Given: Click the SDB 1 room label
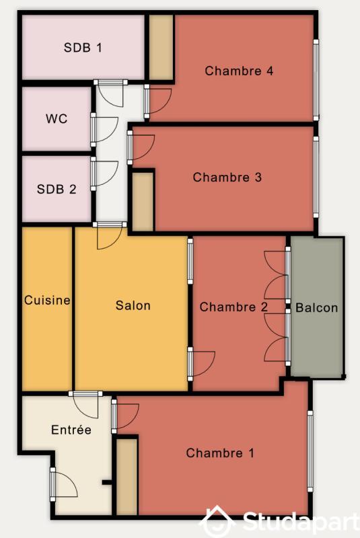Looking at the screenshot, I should [83, 48].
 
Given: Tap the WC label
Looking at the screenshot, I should [57, 119].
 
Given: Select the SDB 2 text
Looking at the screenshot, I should [57, 189].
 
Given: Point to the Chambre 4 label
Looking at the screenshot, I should [239, 71].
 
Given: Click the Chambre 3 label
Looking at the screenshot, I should [227, 178].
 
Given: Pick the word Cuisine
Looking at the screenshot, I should [47, 301].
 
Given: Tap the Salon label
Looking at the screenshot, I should [133, 305].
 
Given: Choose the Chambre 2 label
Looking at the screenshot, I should [233, 307].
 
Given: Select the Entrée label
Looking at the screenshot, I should [71, 430].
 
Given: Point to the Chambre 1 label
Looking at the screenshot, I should [220, 453].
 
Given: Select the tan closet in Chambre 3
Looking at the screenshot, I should [142, 202].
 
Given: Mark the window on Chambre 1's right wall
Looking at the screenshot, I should [310, 448].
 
